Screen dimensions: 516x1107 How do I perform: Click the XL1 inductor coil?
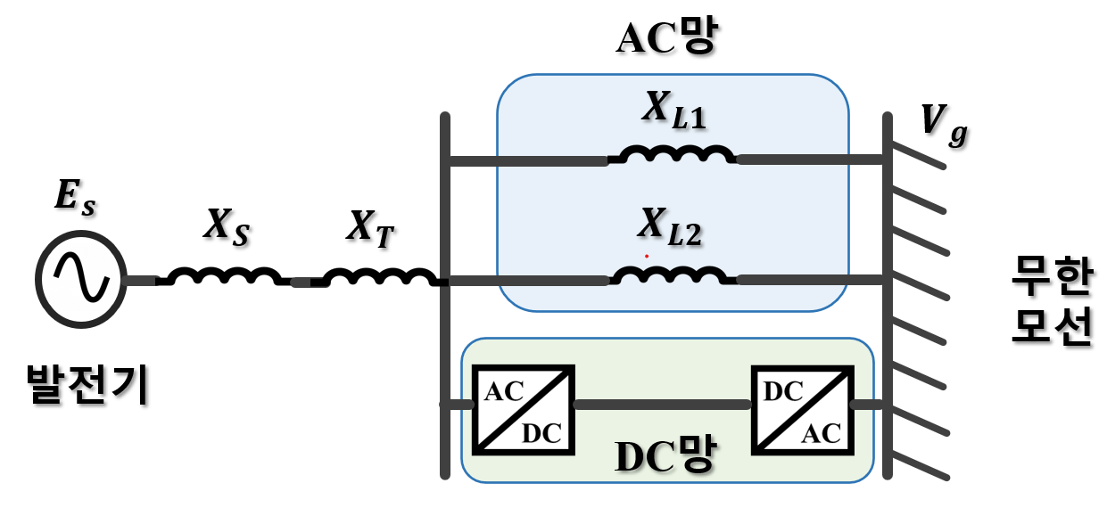coord(673,155)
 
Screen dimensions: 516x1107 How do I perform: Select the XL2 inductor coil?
coord(673,275)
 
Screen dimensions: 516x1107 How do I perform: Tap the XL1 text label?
coord(673,110)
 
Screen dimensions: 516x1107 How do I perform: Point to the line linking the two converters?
coord(662,405)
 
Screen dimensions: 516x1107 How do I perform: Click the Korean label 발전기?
coord(87,384)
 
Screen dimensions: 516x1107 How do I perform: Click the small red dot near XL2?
coord(647,256)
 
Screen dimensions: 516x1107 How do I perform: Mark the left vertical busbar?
coord(445,294)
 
